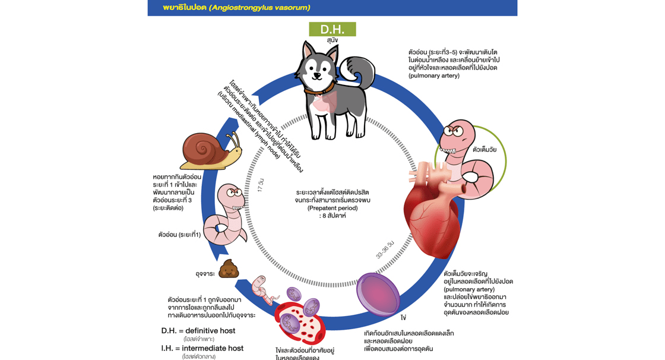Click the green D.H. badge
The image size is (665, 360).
point(332,29)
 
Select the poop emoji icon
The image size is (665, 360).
point(229,270)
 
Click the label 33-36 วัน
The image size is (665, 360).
point(385,250)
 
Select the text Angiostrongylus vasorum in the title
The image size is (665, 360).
point(259,8)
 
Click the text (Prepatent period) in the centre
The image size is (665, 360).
point(332,208)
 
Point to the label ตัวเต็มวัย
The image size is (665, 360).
point(484,150)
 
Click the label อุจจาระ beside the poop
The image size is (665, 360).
point(205,274)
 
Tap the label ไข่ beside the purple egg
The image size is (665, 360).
point(403,318)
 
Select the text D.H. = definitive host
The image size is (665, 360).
point(198,330)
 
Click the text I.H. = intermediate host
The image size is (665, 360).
point(202,348)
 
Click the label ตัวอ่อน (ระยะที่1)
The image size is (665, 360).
point(179,235)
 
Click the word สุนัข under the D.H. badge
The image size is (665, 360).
point(332,40)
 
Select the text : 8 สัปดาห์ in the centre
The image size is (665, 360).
point(332,216)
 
